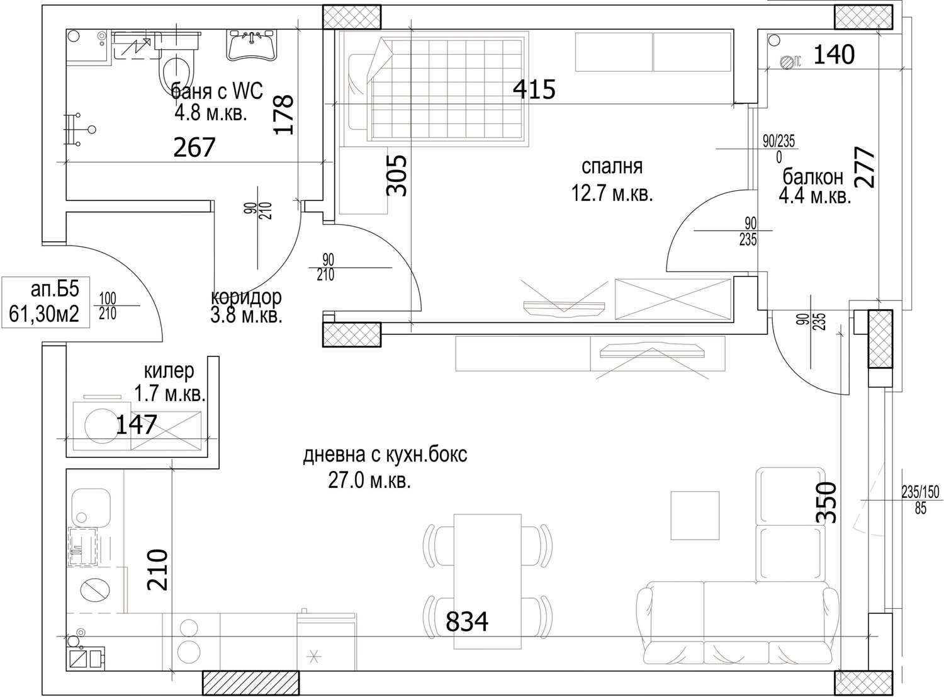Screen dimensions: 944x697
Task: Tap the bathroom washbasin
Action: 252,45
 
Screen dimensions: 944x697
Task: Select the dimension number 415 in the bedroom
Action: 534,89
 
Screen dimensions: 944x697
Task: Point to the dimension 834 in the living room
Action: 467,621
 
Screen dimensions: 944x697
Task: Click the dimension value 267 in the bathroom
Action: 194,147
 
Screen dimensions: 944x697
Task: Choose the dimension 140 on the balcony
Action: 834,55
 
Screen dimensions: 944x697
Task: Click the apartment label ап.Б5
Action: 55,289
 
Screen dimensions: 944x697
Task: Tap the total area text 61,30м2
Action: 44,314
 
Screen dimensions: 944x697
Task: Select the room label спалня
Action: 612,166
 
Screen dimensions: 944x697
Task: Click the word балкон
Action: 813,177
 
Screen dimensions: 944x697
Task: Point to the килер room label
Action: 169,371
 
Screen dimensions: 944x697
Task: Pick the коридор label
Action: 247,297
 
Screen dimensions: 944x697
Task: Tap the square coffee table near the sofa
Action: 695,515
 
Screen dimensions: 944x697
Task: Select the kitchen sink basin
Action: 91,507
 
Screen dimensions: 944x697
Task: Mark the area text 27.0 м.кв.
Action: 369,481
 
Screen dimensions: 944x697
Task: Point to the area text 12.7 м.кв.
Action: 612,194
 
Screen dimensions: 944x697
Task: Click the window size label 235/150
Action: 920,492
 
